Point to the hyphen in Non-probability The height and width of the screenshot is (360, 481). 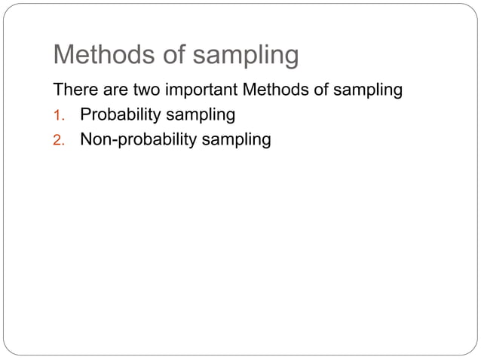(112, 140)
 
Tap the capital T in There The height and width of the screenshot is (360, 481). (57, 92)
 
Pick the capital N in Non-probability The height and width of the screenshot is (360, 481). (86, 139)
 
